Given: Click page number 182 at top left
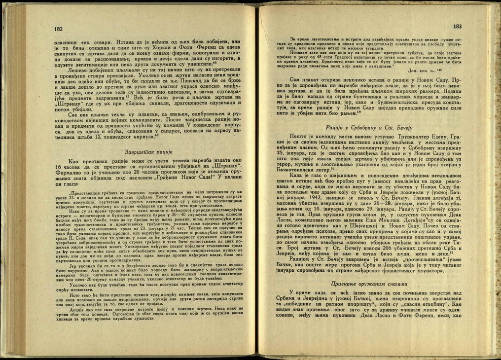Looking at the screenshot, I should (58, 29).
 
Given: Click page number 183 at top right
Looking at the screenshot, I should (457, 26).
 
